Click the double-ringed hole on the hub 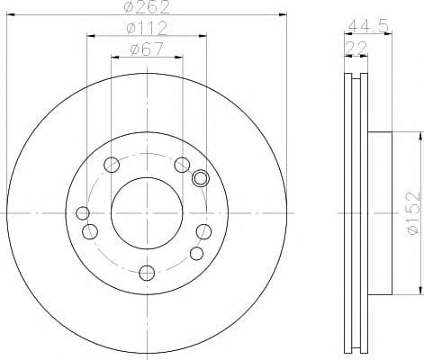[201, 177]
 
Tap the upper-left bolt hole [112, 165]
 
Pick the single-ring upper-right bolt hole [181, 164]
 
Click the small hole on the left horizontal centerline [83, 213]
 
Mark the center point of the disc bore [147, 213]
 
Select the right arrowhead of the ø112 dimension [204, 36]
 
